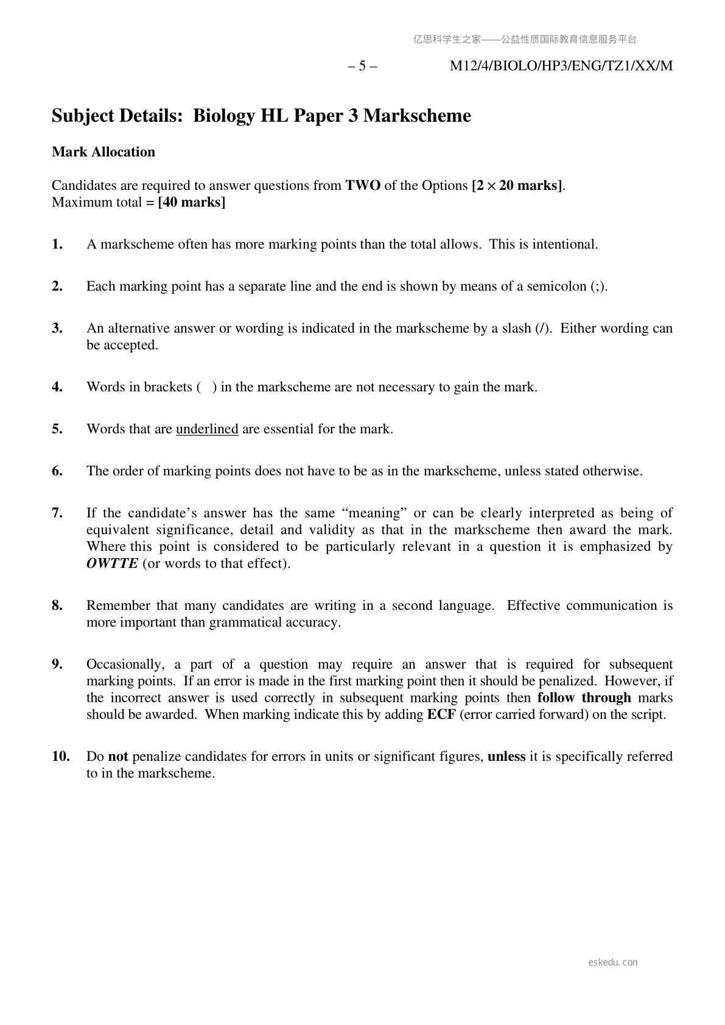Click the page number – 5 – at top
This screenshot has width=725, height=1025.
(362, 66)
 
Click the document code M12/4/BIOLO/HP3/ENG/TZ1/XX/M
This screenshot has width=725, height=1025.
(561, 66)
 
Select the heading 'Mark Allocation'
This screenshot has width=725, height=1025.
(103, 152)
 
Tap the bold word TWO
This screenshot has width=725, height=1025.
(363, 186)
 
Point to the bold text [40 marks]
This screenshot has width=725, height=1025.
(191, 203)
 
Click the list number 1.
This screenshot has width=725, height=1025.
(57, 245)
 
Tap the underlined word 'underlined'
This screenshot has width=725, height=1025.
(207, 429)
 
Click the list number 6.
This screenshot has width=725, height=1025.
(57, 471)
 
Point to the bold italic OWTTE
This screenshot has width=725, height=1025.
(113, 564)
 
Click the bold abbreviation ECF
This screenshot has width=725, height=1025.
(441, 715)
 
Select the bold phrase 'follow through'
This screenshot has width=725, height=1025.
(584, 698)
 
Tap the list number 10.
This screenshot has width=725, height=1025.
(61, 757)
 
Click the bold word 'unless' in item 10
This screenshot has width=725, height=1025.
(506, 757)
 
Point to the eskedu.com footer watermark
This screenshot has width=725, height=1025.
(613, 962)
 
